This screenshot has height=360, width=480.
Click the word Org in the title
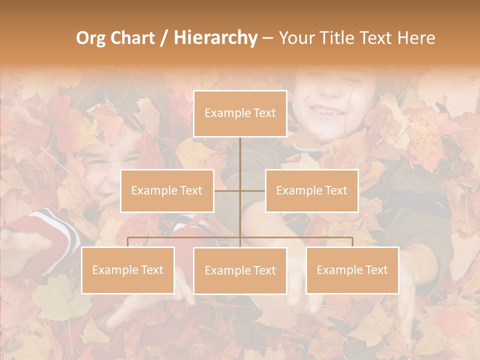point(90,38)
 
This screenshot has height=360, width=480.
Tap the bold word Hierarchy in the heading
point(215,38)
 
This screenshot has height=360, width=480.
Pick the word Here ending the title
point(416,38)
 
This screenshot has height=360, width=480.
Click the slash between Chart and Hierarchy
point(164,38)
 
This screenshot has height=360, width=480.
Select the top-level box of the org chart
point(240,113)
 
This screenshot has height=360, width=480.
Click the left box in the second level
point(167,190)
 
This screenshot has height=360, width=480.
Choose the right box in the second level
point(311,190)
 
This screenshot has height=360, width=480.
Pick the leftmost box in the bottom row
point(128,270)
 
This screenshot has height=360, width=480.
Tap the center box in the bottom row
point(240,270)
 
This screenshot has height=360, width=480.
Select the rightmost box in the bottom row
point(352,270)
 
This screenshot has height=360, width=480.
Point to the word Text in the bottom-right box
point(376,270)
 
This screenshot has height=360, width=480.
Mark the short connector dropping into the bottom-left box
point(128,242)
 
